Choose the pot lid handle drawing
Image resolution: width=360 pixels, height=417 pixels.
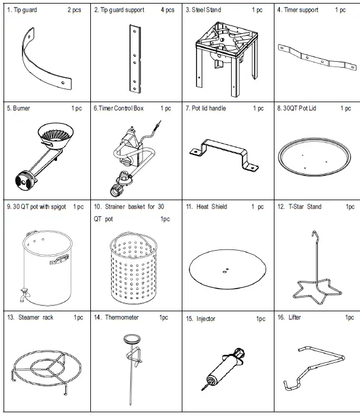tap(224, 155)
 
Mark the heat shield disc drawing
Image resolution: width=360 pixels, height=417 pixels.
tap(226, 270)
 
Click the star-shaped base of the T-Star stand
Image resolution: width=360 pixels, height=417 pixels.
tap(313, 288)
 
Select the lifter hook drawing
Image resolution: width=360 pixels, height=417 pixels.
tap(315, 366)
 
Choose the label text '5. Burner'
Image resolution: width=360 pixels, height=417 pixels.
tap(18, 109)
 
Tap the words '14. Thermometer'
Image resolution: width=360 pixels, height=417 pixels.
tap(114, 318)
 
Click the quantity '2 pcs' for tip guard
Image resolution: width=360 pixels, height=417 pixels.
tap(74, 11)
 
